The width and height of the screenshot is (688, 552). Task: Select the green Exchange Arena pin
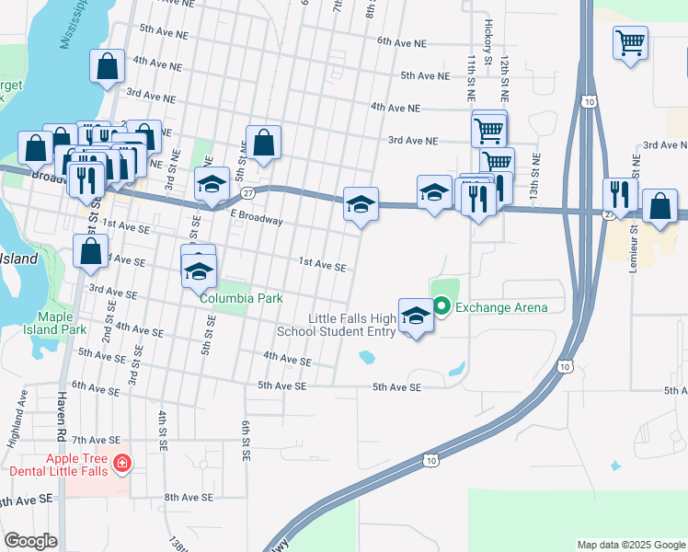pyautogui.click(x=441, y=306)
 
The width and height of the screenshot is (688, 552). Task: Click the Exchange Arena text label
pyautogui.click(x=501, y=307)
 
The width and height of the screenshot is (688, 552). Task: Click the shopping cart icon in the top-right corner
pyautogui.click(x=630, y=42)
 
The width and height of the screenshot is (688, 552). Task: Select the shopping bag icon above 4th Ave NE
pyautogui.click(x=108, y=66)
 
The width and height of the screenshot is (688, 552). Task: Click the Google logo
pyautogui.click(x=29, y=541)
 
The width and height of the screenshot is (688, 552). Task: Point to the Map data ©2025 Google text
pyautogui.click(x=630, y=545)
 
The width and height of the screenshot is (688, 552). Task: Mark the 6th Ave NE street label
pyautogui.click(x=402, y=42)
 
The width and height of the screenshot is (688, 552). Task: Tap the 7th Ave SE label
pyautogui.click(x=97, y=441)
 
